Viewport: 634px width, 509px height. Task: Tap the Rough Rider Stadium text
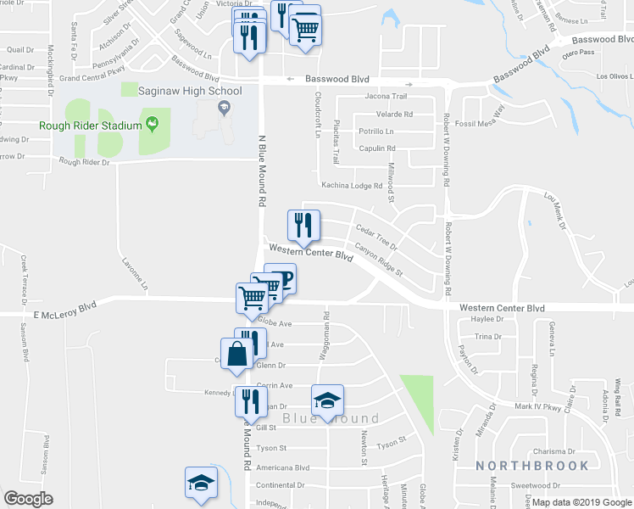coord(89,126)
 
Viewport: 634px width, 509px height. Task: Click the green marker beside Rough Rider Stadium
coord(153,126)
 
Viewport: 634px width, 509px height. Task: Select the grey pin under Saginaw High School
coord(224,108)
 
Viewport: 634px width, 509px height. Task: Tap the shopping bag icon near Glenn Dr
coord(237,355)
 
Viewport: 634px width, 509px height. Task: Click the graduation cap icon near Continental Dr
coord(201,484)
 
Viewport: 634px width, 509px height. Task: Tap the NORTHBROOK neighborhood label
coord(531,466)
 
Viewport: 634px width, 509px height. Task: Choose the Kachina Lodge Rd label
coord(352,185)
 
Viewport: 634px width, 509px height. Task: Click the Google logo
coord(28,499)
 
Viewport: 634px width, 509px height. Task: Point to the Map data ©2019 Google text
coord(581,502)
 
